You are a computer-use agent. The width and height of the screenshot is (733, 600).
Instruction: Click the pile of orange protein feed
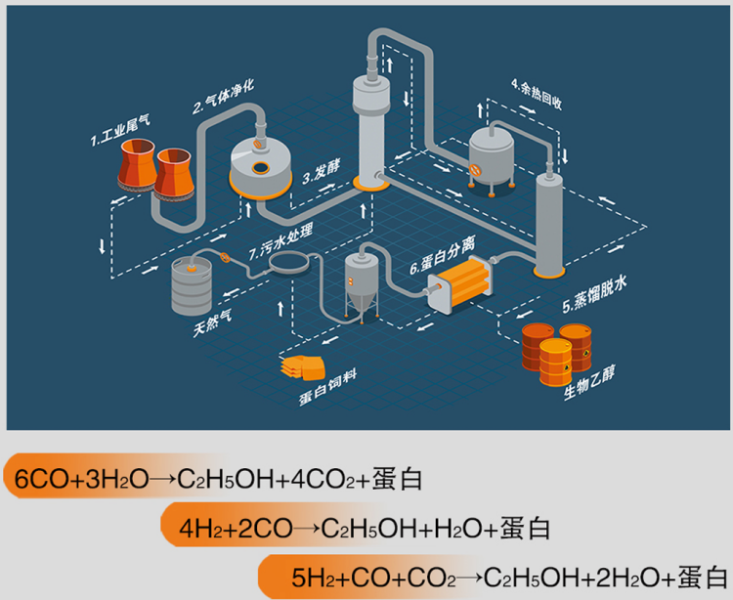tap(302, 367)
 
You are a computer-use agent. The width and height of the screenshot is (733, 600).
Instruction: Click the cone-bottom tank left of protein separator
tap(362, 284)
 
